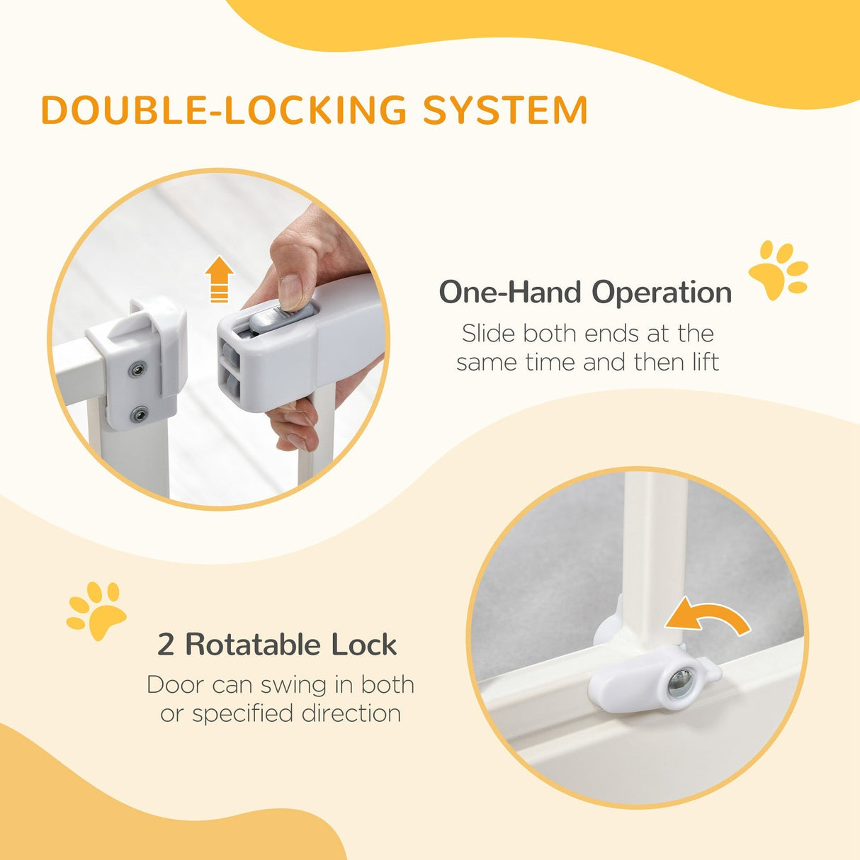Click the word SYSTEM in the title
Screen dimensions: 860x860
(505, 111)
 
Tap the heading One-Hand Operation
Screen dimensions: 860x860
(585, 292)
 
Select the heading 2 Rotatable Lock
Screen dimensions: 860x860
(277, 645)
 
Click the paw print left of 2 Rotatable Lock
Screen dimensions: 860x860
(96, 610)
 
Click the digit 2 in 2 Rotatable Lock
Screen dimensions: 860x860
(165, 645)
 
